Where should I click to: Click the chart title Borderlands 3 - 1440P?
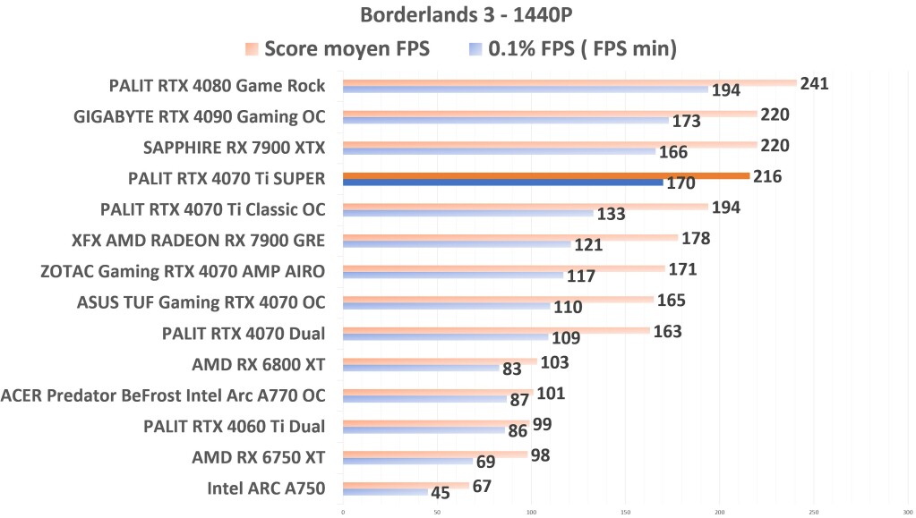click(x=458, y=15)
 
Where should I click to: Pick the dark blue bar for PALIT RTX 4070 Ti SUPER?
click(x=501, y=183)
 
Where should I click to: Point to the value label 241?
click(x=815, y=84)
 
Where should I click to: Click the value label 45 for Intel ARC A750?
click(x=441, y=493)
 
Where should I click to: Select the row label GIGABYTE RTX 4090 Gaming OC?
click(x=200, y=117)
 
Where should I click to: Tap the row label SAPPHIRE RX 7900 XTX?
click(x=234, y=148)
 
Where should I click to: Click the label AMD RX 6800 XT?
click(x=258, y=364)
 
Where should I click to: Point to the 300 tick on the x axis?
click(x=906, y=512)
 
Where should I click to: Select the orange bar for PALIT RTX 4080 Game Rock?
click(x=569, y=83)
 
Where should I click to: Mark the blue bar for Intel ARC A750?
click(x=385, y=492)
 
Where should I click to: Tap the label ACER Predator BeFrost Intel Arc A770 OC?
click(x=163, y=395)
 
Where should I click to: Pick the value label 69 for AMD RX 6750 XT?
click(x=487, y=463)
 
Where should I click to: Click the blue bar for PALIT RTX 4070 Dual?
click(x=444, y=337)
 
